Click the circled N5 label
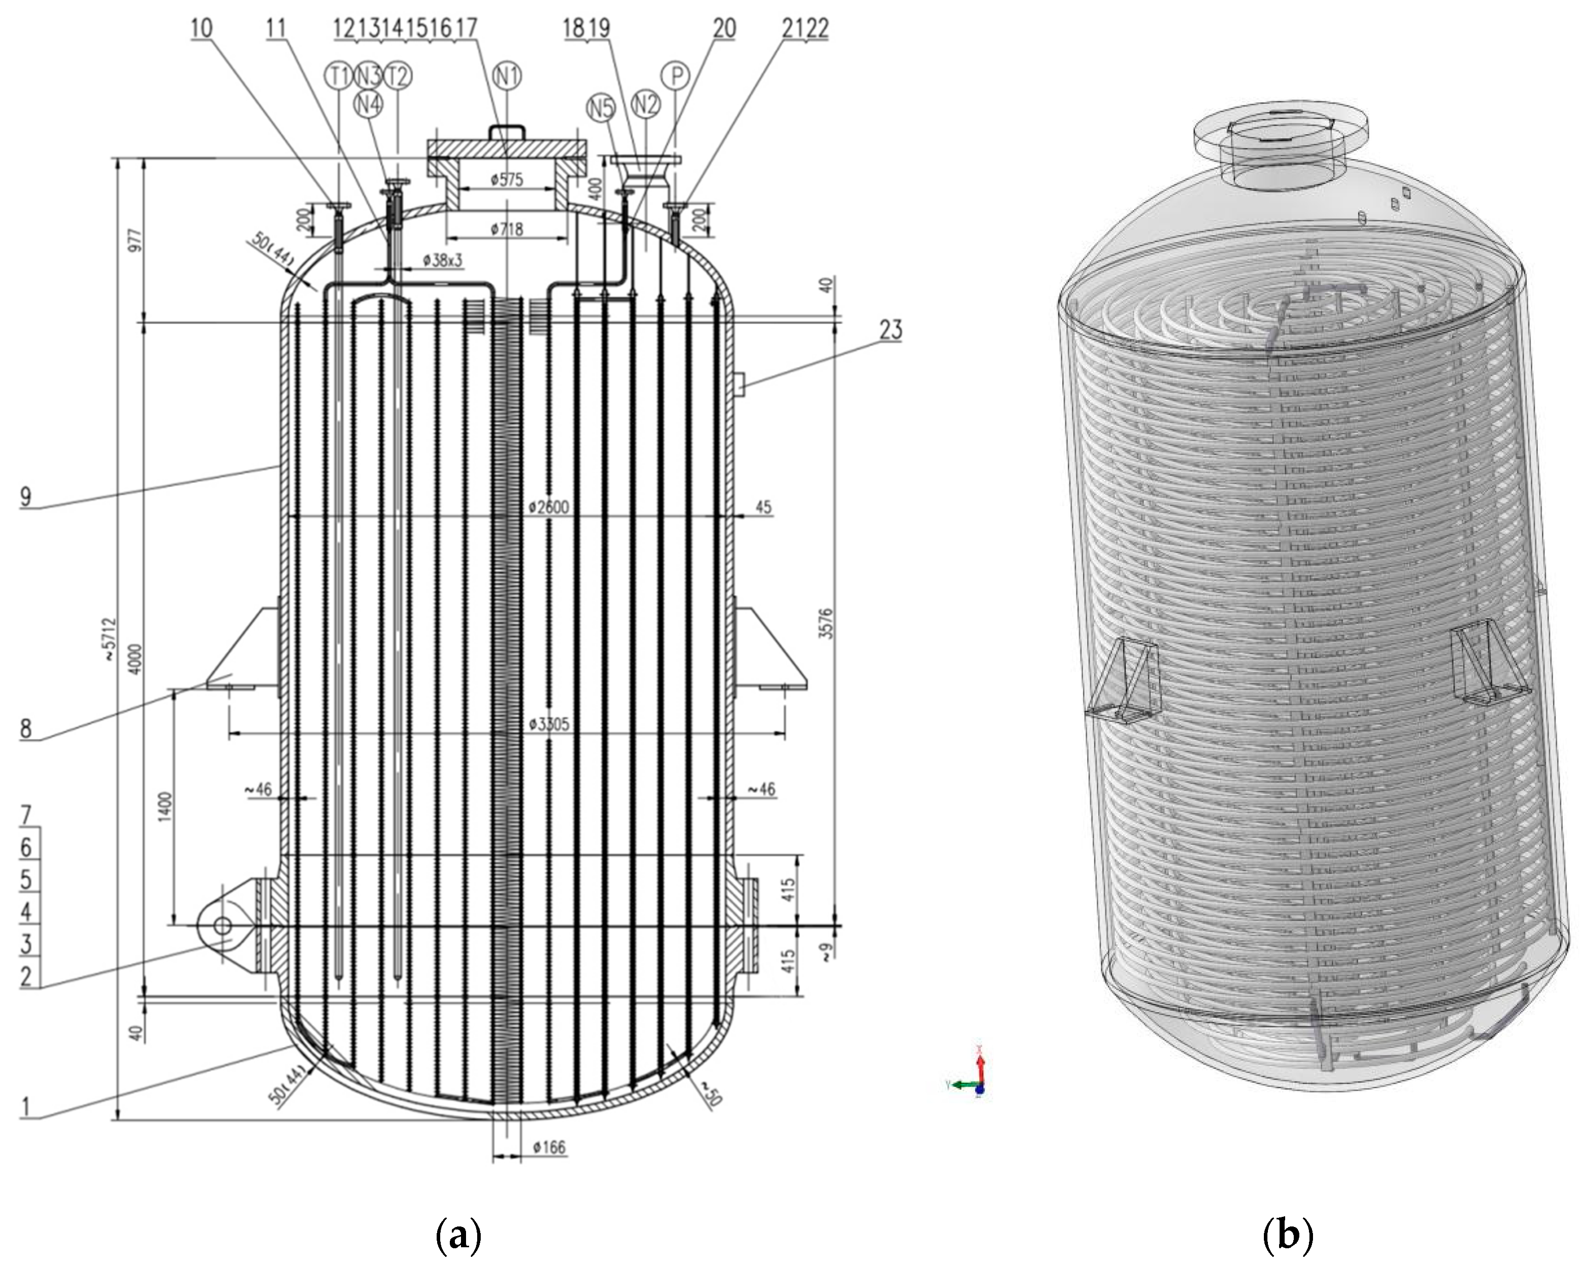[601, 108]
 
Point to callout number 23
[891, 330]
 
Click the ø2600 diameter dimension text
[549, 507]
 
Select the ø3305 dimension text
[549, 724]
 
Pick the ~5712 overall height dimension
[109, 639]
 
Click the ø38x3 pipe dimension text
[443, 260]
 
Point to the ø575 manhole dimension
[507, 179]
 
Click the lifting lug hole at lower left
[222, 926]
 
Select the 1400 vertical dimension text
[165, 807]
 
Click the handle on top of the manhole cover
[507, 131]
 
